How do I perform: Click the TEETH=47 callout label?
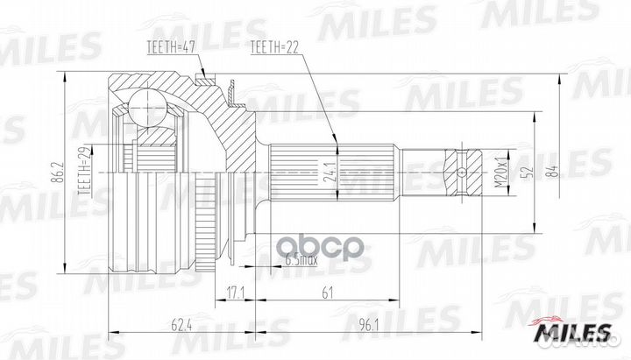pyautogui.click(x=171, y=47)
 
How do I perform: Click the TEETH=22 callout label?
pyautogui.click(x=274, y=48)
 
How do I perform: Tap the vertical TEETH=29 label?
pyautogui.click(x=85, y=171)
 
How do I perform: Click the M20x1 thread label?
pyautogui.click(x=500, y=173)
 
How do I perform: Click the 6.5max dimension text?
pyautogui.click(x=301, y=260)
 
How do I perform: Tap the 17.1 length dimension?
pyautogui.click(x=235, y=293)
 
